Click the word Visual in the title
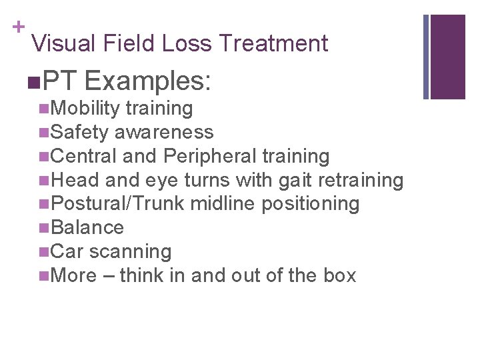coord(64,43)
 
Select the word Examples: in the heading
coord(147,81)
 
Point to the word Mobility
coord(85,108)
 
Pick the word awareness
coord(163,132)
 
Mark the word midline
coord(223,203)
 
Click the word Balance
coord(87,227)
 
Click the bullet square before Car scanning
coord(43,251)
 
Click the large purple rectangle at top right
coord(449,56)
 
